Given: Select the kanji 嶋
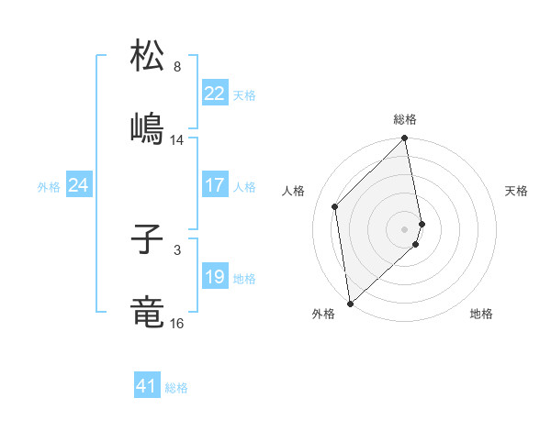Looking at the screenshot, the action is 147,128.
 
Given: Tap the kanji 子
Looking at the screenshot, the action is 147,241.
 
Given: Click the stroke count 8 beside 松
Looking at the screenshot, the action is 177,67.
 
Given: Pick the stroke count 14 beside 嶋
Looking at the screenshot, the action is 177,140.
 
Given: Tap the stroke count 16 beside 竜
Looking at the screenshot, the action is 177,324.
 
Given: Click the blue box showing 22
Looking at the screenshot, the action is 214,94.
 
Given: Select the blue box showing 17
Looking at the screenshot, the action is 214,185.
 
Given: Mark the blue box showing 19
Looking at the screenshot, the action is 214,277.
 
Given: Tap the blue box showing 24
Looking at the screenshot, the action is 78,185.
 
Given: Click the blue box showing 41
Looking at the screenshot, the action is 147,386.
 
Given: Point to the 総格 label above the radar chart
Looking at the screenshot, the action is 405,119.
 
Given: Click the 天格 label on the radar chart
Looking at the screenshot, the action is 516,191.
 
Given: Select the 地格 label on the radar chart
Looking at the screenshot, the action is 481,314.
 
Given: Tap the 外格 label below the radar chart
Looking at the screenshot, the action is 323,314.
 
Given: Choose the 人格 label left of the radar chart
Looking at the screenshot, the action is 294,191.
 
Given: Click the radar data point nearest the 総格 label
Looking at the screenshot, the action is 405,139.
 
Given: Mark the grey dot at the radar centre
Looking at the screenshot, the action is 405,228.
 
